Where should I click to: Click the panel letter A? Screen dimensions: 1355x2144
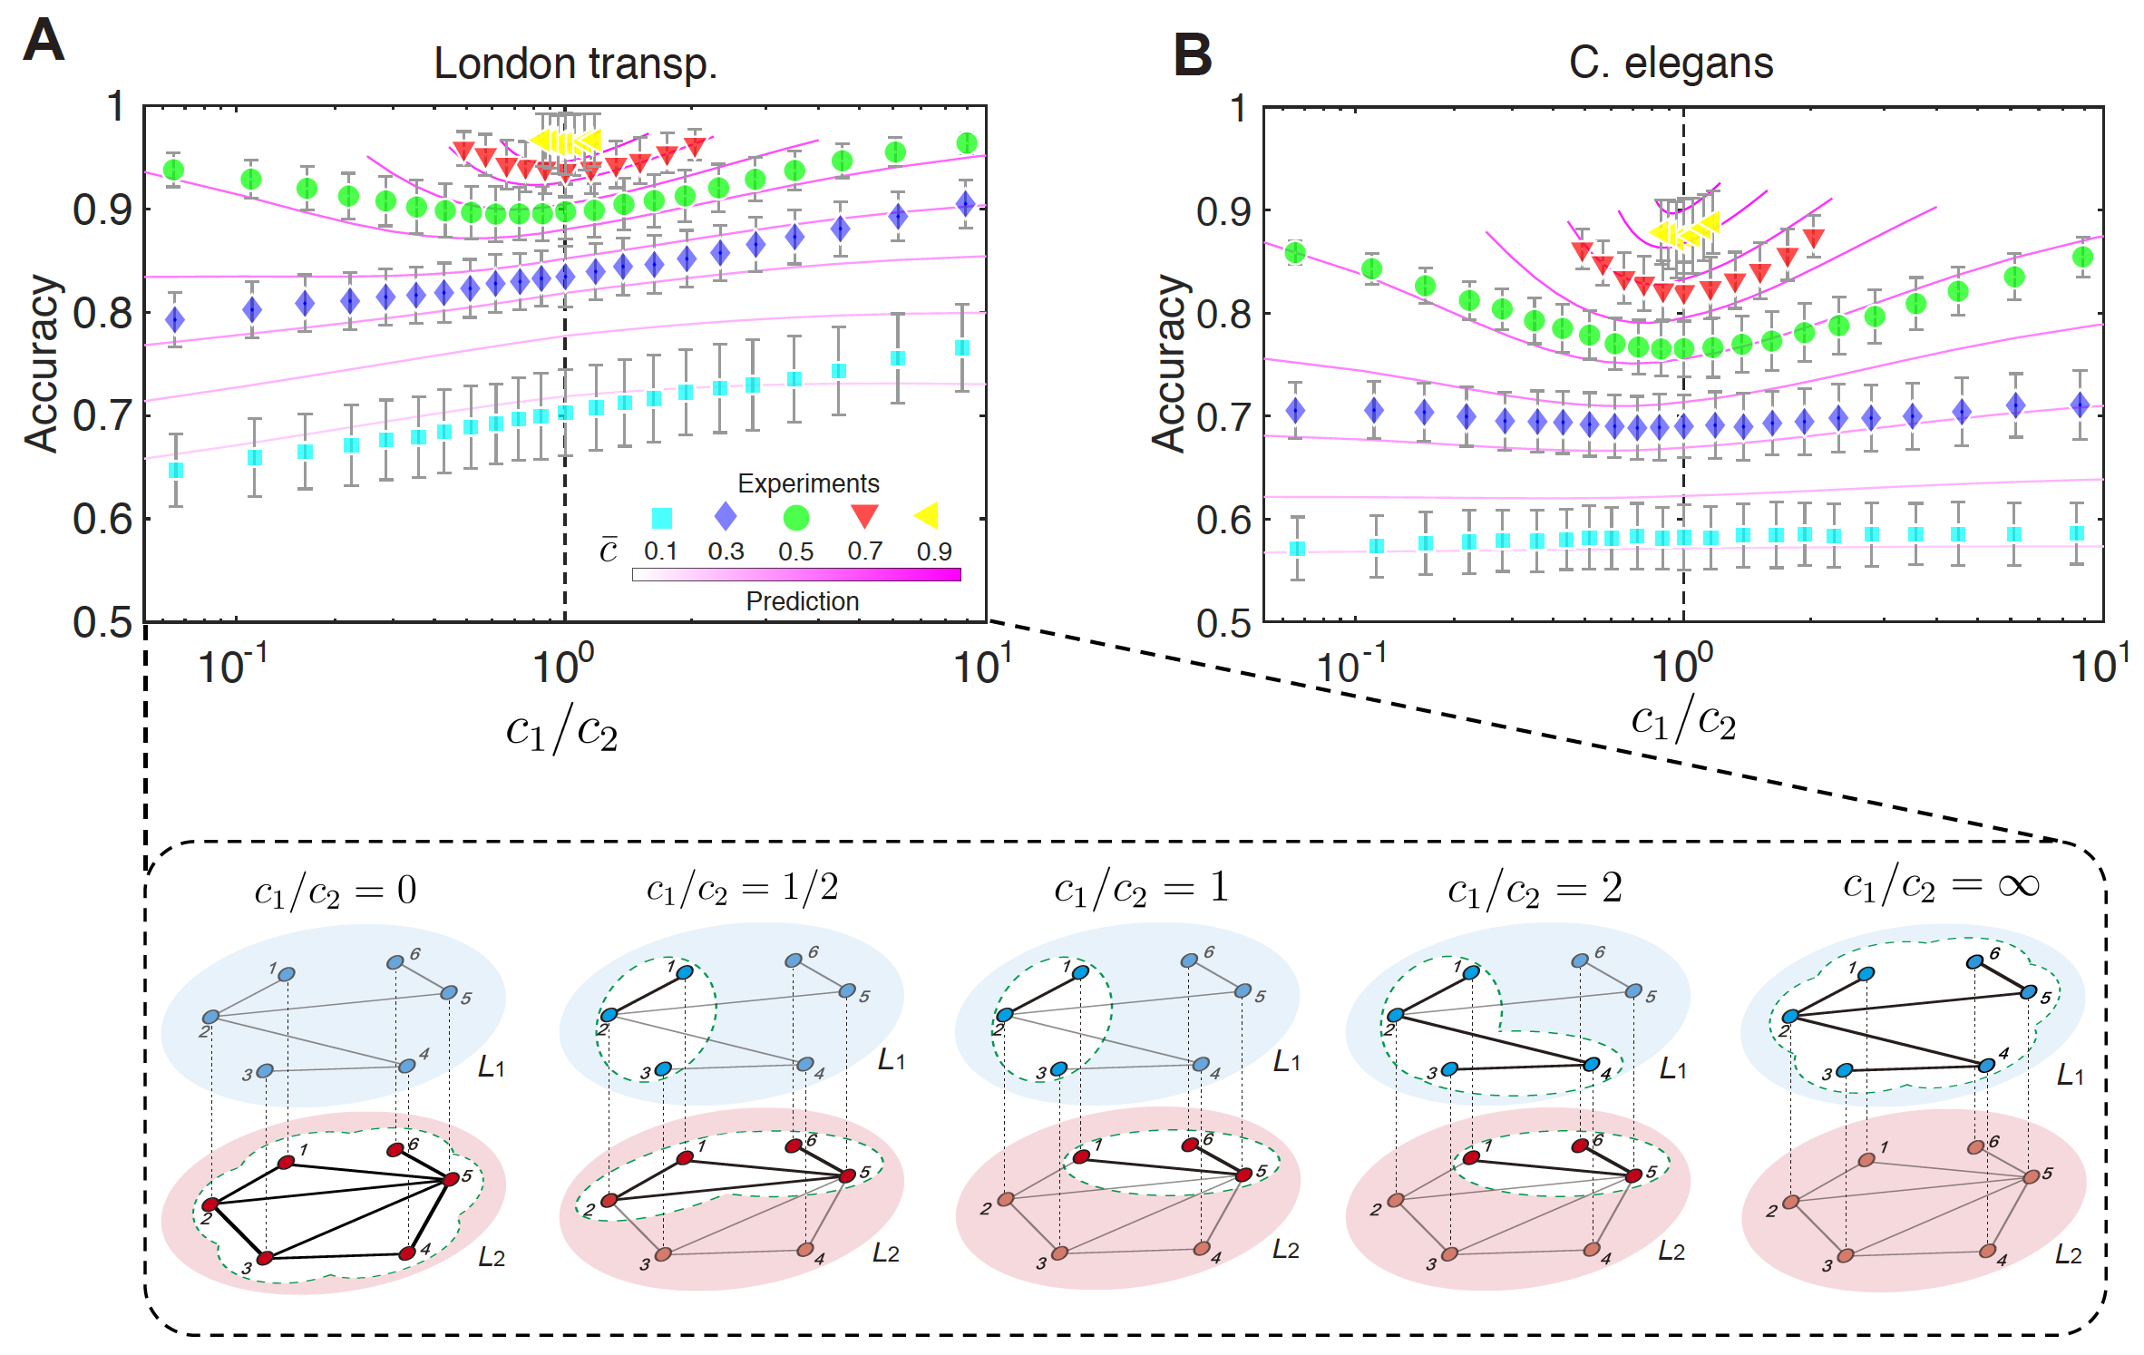[x=44, y=41]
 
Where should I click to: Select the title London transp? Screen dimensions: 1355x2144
[x=575, y=63]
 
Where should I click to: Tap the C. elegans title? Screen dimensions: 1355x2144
[x=1671, y=63]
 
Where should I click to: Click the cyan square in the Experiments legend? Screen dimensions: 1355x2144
[x=662, y=518]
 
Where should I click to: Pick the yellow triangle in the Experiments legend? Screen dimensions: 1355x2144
[x=927, y=515]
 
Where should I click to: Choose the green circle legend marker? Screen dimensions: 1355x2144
[x=795, y=518]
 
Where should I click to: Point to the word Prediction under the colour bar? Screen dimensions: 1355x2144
[x=802, y=601]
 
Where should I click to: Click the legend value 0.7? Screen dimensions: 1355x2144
[x=864, y=551]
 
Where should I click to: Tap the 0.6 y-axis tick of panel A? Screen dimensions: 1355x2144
[x=102, y=520]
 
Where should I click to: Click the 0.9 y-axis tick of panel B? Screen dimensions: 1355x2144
[x=1223, y=211]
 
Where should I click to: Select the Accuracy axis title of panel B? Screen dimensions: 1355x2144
[x=1169, y=363]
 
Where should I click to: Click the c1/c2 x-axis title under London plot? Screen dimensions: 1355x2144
[x=562, y=731]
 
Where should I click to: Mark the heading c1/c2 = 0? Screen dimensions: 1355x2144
[x=335, y=892]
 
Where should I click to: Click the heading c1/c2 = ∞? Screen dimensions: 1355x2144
[x=1941, y=886]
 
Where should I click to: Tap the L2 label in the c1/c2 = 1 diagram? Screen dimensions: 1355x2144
[x=1285, y=1250]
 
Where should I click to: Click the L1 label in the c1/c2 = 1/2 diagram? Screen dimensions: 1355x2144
[x=891, y=1059]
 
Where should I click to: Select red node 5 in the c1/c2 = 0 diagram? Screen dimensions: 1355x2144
[x=451, y=1179]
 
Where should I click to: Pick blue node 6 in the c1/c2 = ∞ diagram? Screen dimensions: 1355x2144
[x=1974, y=961]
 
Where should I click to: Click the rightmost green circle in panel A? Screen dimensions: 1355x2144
[x=967, y=143]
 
